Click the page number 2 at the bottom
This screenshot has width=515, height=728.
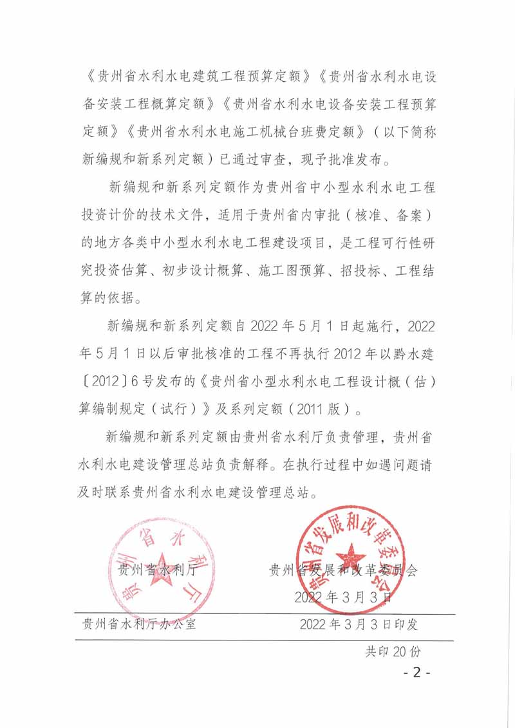[417, 673]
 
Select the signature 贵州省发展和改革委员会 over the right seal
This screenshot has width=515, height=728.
[343, 570]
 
